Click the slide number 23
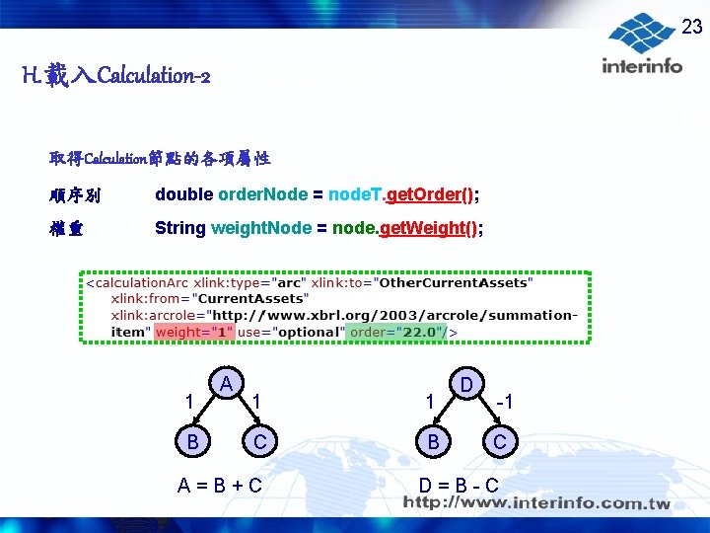692,28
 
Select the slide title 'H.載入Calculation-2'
115,75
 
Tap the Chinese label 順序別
74,194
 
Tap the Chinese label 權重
67,228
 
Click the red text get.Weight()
430,228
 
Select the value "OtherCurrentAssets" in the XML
457,282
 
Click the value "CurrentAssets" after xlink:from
253,297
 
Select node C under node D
499,441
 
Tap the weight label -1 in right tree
505,402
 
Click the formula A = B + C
220,485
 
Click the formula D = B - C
459,485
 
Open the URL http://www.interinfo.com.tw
536,504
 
